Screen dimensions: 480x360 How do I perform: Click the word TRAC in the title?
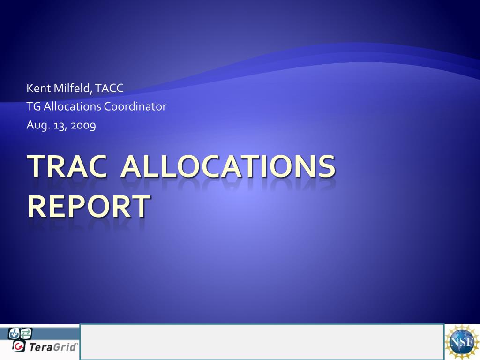67,166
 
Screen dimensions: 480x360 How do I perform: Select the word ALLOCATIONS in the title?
228,166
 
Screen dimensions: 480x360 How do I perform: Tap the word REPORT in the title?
89,206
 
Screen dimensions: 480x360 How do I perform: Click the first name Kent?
38,88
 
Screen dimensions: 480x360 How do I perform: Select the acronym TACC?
109,88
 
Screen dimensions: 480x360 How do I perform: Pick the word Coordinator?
135,106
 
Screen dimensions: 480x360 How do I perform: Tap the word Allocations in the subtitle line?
72,106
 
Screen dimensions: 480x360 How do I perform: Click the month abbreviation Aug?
38,125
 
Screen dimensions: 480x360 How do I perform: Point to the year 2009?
83,126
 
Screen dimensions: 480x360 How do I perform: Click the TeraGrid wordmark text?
53,347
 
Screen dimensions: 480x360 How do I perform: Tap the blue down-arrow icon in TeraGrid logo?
14,333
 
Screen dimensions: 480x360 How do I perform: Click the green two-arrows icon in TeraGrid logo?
26,333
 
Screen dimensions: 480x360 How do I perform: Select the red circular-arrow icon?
19,346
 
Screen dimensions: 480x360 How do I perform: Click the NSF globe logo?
462,342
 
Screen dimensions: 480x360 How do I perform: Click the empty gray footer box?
262,342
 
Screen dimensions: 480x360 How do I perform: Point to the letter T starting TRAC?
37,166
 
